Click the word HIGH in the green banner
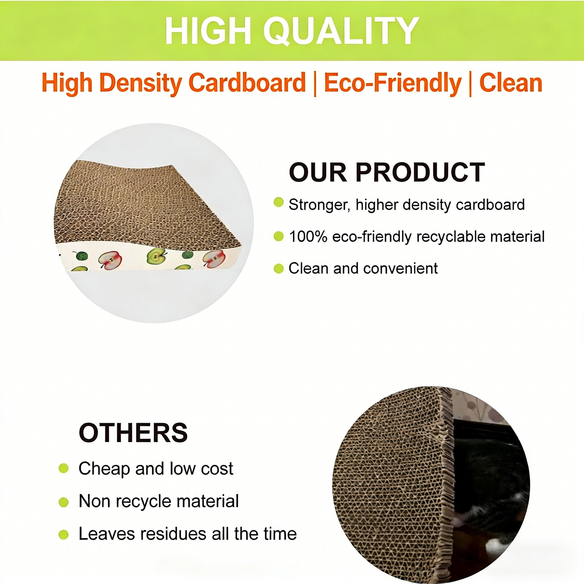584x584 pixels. pyautogui.click(x=209, y=31)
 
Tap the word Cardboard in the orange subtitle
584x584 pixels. pyautogui.click(x=247, y=83)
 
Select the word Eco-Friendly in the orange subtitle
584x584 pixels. pyautogui.click(x=392, y=83)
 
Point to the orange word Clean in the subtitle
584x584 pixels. pyautogui.click(x=511, y=83)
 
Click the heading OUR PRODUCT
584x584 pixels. pyautogui.click(x=387, y=173)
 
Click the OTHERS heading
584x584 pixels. pyautogui.click(x=133, y=433)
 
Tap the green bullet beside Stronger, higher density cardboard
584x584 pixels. pyautogui.click(x=278, y=202)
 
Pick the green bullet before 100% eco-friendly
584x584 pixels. pyautogui.click(x=278, y=236)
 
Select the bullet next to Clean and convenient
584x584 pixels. pyautogui.click(x=278, y=268)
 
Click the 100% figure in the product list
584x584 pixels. pyautogui.click(x=308, y=236)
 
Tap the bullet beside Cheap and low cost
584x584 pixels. pyautogui.click(x=63, y=468)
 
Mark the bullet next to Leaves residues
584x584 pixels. pyautogui.click(x=63, y=535)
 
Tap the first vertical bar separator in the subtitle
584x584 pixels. pyautogui.click(x=315, y=84)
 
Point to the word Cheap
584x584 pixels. pyautogui.click(x=104, y=469)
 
